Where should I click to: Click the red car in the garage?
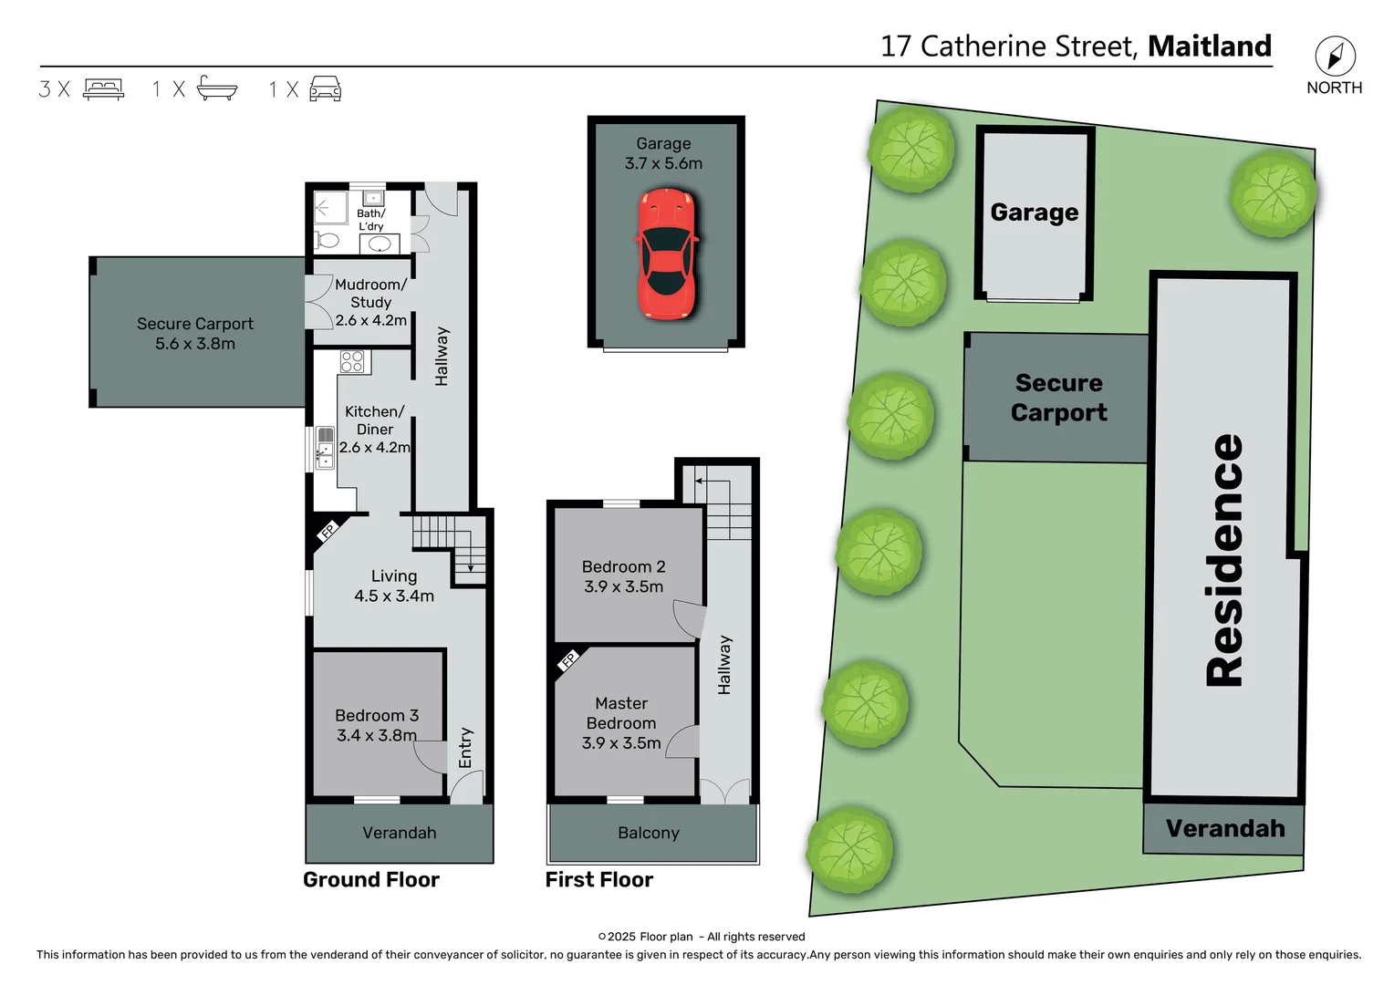tap(667, 254)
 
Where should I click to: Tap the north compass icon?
tap(1335, 57)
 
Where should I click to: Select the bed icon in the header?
tap(103, 88)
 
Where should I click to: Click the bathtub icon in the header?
tap(217, 88)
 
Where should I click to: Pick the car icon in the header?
tap(326, 88)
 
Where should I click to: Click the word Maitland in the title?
tap(1209, 46)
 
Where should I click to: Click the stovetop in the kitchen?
tap(352, 362)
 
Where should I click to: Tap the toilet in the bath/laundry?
tap(326, 241)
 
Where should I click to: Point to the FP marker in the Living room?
tap(328, 530)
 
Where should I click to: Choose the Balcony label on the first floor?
tap(649, 833)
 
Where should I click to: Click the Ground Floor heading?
tap(371, 880)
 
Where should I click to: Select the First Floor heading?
tap(599, 880)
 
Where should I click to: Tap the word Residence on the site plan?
tap(1224, 559)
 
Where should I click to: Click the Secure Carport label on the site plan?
tap(1059, 398)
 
